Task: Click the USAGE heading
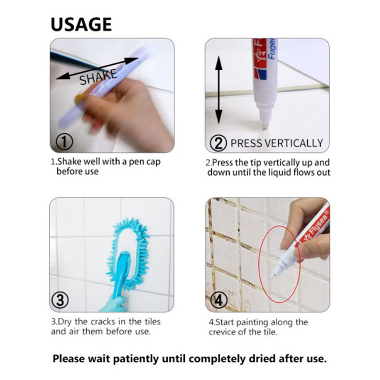tap(81, 25)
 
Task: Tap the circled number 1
tap(64, 142)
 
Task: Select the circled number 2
tap(218, 143)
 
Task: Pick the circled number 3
tap(60, 300)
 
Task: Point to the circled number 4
tap(218, 300)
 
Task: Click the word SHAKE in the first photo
tap(98, 77)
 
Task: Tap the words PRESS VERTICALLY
tap(277, 143)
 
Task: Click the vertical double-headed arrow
tap(219, 90)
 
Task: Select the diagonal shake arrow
tap(97, 68)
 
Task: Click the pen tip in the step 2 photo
tap(265, 125)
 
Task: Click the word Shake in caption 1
tap(68, 161)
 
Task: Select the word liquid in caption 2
tap(281, 172)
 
